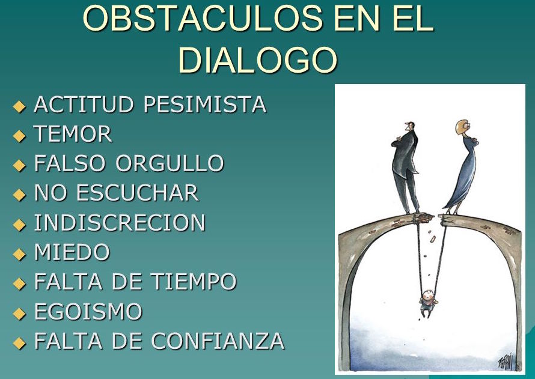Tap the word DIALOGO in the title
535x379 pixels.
pos(258,59)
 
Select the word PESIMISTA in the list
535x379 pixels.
pos(205,105)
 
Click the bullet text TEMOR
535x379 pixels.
pos(73,133)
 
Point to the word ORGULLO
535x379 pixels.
pos(170,163)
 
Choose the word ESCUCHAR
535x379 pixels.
pos(137,193)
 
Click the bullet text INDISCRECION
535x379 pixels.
pos(120,222)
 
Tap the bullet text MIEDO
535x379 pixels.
pos(72,252)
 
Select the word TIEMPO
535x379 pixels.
pos(194,282)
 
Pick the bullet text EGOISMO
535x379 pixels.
pos(88,311)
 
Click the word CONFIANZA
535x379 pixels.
pos(218,341)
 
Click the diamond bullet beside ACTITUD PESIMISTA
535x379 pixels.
pos(19,106)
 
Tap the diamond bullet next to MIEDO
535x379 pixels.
pos(19,254)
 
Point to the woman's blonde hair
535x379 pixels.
pos(461,127)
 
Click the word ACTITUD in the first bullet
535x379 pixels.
pos(84,105)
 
